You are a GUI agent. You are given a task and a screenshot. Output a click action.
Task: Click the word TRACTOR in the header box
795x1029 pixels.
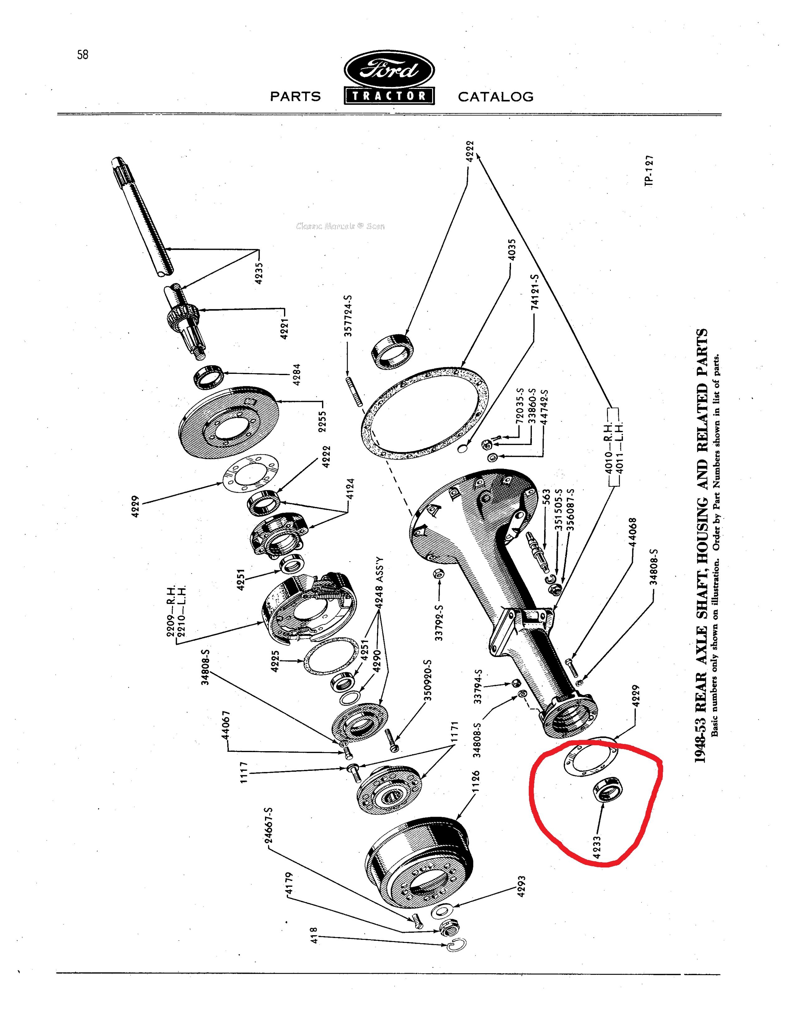(x=389, y=96)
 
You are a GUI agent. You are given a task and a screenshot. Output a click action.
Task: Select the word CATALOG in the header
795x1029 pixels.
(x=495, y=97)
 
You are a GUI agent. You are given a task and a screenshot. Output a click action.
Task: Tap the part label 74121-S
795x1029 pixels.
(x=535, y=293)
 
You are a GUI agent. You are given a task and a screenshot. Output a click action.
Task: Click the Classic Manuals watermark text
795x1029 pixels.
(x=340, y=226)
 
